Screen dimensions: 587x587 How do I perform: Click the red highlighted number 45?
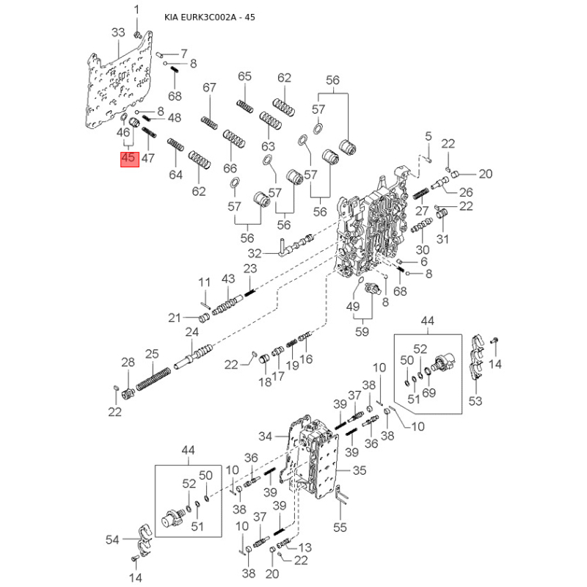128,158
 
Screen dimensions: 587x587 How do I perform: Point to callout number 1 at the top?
136,9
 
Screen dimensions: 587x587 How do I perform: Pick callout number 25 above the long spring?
151,354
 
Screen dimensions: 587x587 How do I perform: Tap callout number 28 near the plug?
128,362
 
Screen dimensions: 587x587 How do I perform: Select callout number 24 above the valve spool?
192,332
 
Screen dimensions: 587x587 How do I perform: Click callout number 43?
228,280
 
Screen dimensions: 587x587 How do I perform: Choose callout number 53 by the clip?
475,400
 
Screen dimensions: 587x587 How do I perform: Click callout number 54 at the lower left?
112,540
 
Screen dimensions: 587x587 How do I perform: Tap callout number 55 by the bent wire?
339,527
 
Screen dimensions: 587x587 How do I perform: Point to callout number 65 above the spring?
244,76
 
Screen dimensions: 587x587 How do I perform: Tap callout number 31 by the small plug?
442,240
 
